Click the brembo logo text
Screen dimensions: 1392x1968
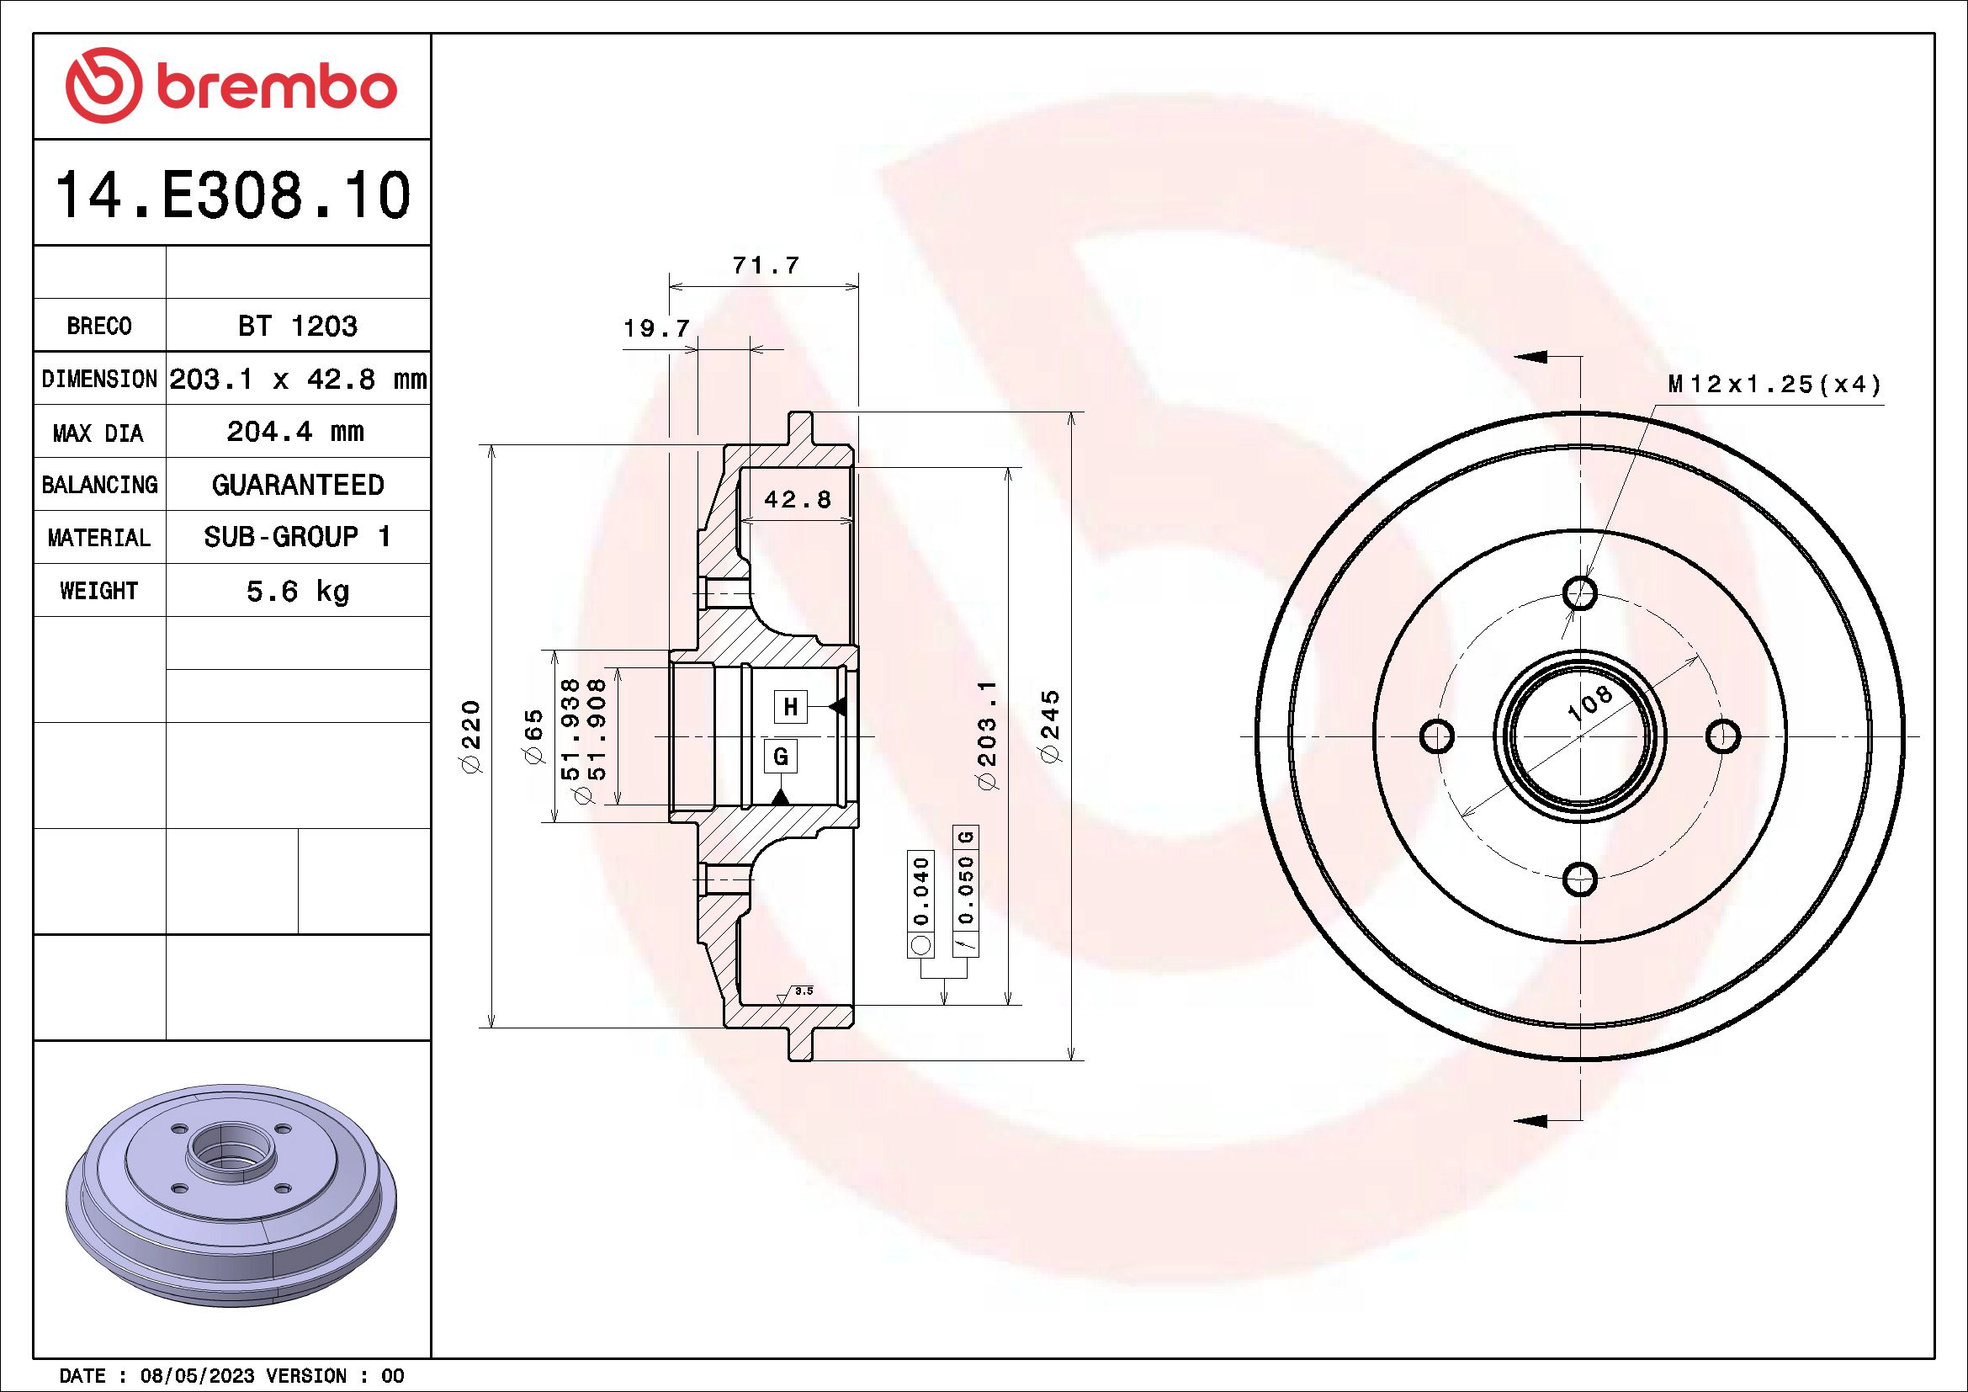coord(276,88)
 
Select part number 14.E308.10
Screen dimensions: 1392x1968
coord(232,196)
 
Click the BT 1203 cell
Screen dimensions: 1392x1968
coord(297,326)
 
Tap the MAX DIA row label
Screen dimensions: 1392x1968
coord(98,433)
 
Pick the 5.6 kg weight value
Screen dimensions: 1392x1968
coord(297,592)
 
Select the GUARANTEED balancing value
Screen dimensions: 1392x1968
coord(297,485)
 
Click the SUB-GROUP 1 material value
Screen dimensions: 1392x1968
coord(297,538)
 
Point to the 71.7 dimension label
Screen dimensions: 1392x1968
coord(766,266)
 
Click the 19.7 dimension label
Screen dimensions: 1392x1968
coord(655,328)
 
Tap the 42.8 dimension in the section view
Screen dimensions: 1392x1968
coord(797,500)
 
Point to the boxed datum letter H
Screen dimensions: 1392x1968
coord(790,707)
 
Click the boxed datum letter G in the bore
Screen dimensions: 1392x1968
coord(780,757)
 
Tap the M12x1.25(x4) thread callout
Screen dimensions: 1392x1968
coord(1774,385)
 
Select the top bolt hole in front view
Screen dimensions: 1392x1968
coord(1580,592)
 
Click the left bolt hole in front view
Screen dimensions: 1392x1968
coord(1436,736)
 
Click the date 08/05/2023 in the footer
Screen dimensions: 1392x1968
coord(197,1376)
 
